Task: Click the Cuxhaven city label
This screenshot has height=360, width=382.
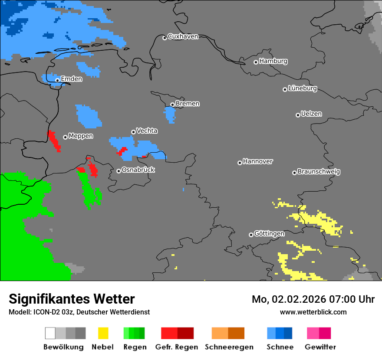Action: [183, 36]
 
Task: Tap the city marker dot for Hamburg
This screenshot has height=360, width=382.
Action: [256, 62]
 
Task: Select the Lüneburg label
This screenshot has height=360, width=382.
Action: [302, 88]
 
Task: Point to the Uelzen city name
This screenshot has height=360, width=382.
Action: [311, 114]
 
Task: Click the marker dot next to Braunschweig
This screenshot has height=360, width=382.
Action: [294, 173]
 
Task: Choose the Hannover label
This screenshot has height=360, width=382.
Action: [257, 161]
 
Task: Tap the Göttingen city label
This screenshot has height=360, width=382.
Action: [269, 234]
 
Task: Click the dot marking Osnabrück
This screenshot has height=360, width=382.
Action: [119, 171]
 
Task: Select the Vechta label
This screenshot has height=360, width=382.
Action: [147, 131]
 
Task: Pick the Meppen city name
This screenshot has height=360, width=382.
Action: [81, 136]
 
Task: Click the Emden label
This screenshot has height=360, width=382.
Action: [71, 79]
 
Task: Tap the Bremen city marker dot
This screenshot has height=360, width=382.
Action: [172, 105]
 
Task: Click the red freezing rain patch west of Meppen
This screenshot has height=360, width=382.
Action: [54, 140]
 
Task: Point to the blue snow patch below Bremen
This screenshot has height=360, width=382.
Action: [170, 114]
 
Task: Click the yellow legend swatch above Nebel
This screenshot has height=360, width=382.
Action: [103, 333]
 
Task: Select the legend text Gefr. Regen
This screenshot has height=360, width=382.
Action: [177, 347]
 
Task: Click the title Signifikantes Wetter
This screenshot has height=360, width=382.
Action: [72, 299]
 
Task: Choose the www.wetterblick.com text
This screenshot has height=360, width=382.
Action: [313, 312]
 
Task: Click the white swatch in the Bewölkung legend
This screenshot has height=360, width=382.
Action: [50, 333]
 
